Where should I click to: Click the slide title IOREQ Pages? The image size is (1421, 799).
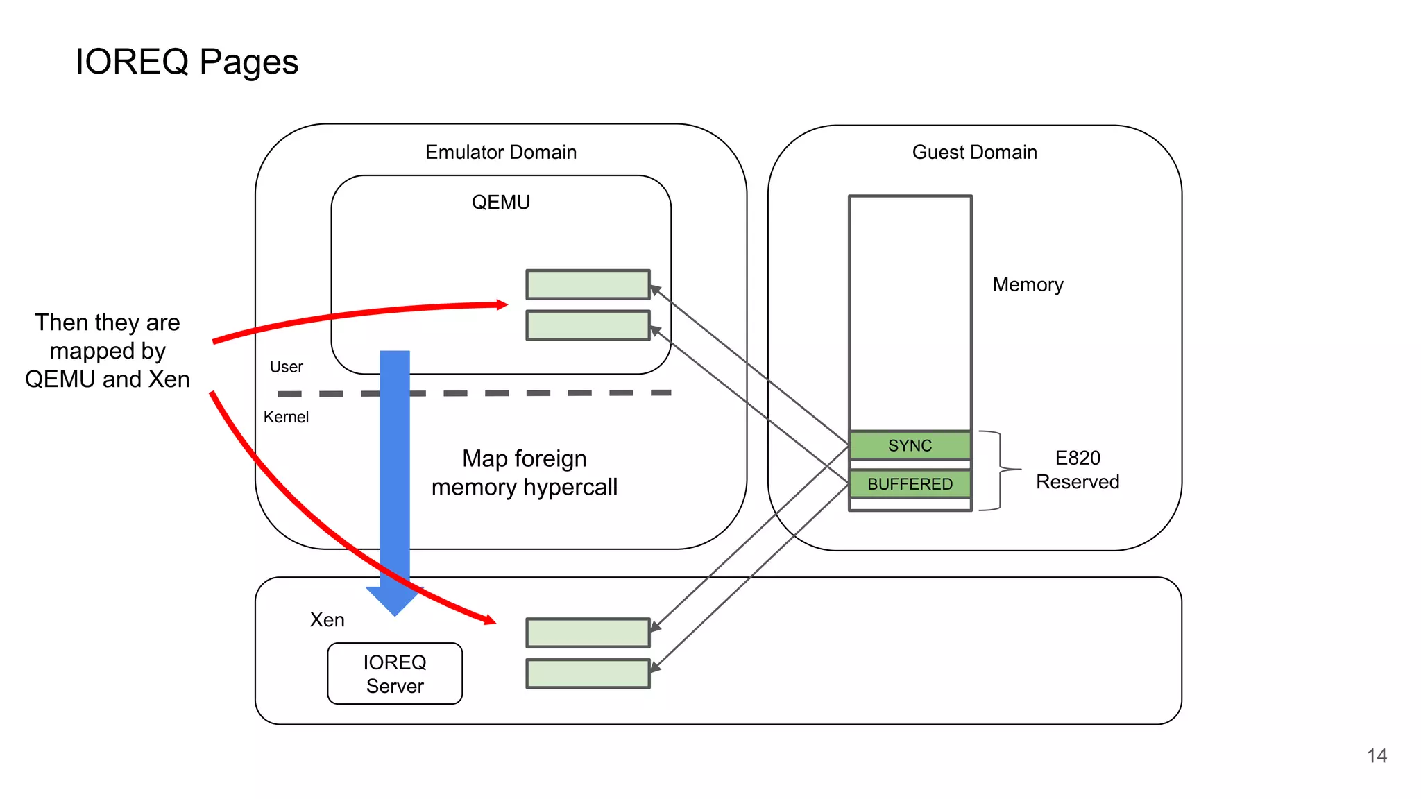187,62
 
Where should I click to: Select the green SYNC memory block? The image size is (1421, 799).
910,445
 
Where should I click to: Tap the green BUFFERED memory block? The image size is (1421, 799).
910,483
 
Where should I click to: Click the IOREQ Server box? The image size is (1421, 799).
395,673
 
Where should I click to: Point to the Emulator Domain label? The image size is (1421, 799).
501,152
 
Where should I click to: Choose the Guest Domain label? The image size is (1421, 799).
974,152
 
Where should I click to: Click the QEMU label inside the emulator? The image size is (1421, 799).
501,202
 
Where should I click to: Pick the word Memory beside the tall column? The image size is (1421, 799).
1028,284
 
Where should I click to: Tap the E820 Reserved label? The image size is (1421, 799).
1078,470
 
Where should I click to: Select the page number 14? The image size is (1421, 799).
1377,755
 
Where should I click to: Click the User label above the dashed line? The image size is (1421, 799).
286,367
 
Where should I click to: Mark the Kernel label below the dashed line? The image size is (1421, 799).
286,417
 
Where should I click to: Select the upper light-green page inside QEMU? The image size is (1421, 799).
588,284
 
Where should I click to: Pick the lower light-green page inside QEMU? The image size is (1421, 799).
588,325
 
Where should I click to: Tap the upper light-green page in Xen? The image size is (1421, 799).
588,633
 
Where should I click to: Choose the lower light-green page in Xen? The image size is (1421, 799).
588,673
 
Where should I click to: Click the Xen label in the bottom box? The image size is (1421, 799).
327,619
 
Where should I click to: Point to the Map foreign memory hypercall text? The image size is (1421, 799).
525,472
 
